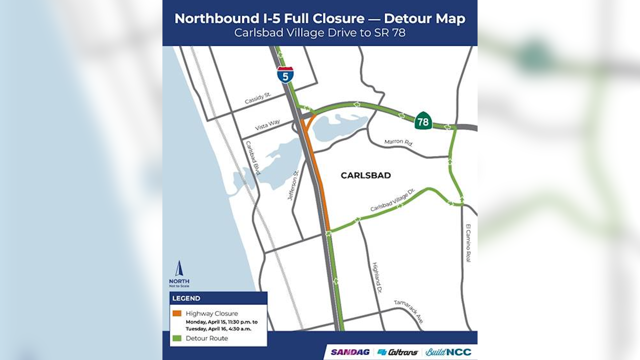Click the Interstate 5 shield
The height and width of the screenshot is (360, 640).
pos(285,75)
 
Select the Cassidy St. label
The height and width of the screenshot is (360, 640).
pos(258,98)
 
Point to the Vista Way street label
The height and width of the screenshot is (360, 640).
pos(267,125)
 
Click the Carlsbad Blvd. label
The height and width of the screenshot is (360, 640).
pos(253,158)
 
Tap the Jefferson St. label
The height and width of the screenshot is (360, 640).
pos(293,185)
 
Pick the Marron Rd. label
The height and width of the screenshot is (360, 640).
pos(398,142)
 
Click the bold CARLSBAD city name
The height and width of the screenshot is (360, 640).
pos(366,175)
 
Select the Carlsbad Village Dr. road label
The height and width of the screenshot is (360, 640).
pos(393,200)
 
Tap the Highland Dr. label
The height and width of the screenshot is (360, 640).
pos(377,278)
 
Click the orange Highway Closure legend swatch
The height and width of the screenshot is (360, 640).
pos(177,313)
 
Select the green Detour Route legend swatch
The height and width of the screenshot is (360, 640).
pos(177,338)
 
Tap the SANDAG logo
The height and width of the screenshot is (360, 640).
pos(350,352)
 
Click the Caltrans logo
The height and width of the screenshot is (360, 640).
pos(398,352)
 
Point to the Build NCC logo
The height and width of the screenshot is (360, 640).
pos(448,352)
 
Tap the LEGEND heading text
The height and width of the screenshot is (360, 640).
pos(186,298)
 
